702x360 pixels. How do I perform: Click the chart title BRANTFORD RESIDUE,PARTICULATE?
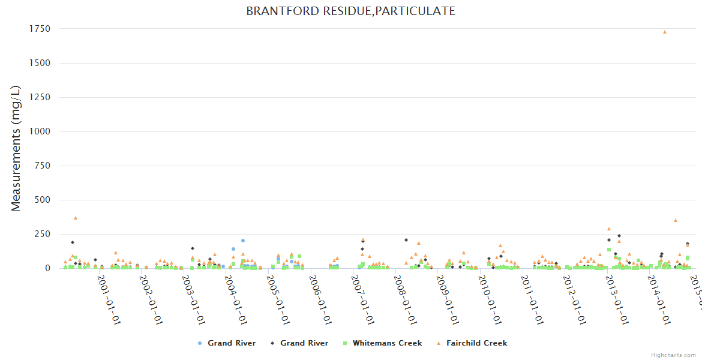(x=350, y=11)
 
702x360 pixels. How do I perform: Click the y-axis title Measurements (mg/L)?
(x=16, y=148)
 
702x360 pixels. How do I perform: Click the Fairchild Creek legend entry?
(x=478, y=343)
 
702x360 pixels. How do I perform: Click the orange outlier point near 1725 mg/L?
(x=664, y=32)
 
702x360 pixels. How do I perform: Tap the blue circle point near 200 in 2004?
(x=243, y=241)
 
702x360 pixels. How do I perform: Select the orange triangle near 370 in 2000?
(x=76, y=218)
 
